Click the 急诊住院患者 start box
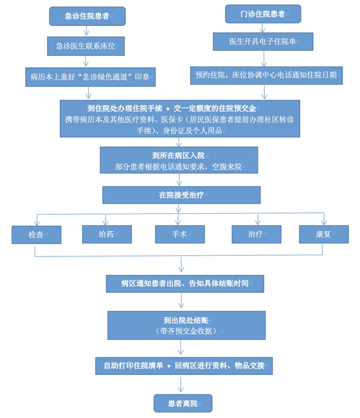87,16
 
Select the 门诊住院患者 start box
263,14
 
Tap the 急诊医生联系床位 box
86,46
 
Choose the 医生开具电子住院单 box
263,42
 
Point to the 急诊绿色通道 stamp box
90,77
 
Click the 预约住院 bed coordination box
266,76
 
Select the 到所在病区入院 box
179,160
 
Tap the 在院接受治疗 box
181,195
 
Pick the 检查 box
36,235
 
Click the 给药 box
107,234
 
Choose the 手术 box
180,234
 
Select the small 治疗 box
256,234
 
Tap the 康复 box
324,234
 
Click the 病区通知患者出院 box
185,284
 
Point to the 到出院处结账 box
187,326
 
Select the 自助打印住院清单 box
184,366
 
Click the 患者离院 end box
183,403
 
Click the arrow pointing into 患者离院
181,384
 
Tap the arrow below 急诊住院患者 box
86,31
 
